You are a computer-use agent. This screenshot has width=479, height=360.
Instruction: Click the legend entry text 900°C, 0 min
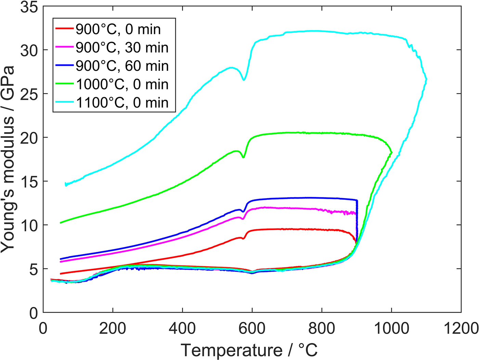pyautogui.click(x=118, y=29)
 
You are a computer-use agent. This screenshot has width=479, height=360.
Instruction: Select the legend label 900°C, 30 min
pyautogui.click(x=122, y=48)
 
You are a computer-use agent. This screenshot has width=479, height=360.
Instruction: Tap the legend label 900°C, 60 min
pyautogui.click(x=122, y=66)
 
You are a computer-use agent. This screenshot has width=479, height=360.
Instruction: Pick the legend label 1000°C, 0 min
pyautogui.click(x=122, y=84)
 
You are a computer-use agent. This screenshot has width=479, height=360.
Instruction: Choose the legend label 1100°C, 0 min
pyautogui.click(x=122, y=103)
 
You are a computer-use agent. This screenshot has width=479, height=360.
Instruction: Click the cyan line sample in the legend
pyautogui.click(x=64, y=103)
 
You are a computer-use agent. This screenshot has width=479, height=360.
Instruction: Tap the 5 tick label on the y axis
pyautogui.click(x=34, y=269)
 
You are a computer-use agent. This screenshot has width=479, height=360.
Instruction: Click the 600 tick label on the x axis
pyautogui.click(x=252, y=329)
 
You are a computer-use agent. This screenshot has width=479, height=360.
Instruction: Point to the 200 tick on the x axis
pyautogui.click(x=113, y=329)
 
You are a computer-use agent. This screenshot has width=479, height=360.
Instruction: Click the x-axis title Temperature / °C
pyautogui.click(x=249, y=350)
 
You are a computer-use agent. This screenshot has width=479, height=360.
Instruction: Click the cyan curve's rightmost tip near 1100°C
pyautogui.click(x=426, y=79)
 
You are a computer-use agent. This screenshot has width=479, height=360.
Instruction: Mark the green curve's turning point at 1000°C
pyautogui.click(x=391, y=152)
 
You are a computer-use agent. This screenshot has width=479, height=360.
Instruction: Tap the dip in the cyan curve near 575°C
pyautogui.click(x=244, y=80)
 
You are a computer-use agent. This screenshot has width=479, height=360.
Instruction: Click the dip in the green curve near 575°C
pyautogui.click(x=243, y=157)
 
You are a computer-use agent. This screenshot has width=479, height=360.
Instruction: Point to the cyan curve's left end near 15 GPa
pyautogui.click(x=66, y=184)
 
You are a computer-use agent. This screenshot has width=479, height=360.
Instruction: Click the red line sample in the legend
pyautogui.click(x=64, y=29)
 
